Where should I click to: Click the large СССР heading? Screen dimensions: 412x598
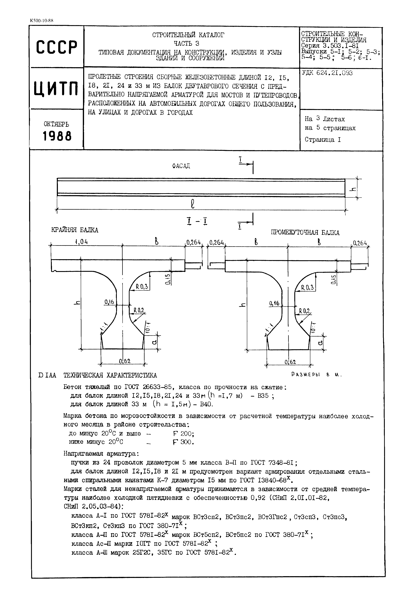56,47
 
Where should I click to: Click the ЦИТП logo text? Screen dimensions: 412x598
56,88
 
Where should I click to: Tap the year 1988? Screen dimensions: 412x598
57,136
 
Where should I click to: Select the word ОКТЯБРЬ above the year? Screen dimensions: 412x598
56,124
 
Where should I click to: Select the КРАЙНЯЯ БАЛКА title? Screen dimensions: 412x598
75,230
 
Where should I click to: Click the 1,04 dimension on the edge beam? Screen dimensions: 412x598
81,242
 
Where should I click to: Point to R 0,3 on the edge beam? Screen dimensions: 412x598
142,287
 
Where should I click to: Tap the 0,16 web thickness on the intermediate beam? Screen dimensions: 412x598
274,303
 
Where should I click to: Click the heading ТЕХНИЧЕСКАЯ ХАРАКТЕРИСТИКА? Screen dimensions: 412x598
110,375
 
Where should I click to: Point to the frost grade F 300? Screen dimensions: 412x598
183,442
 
